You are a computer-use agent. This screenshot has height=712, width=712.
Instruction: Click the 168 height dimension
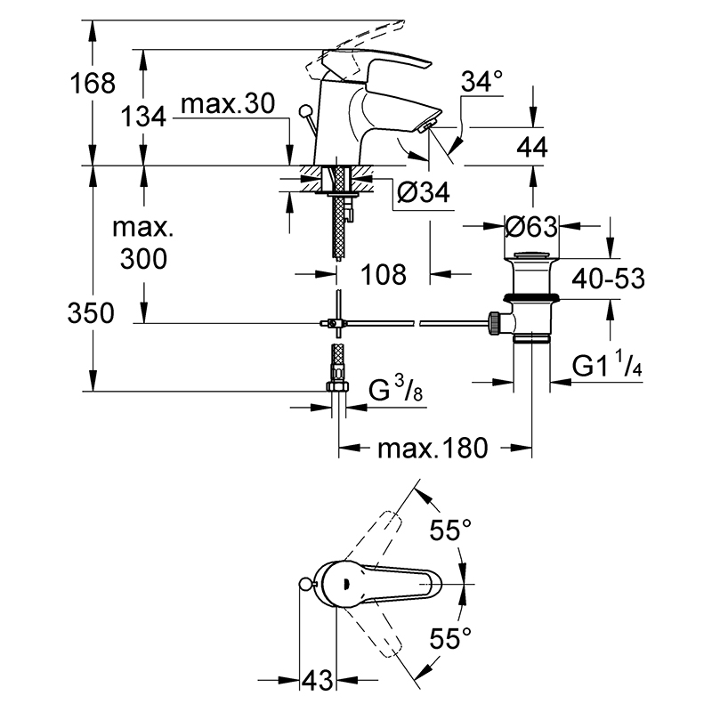pos(93,84)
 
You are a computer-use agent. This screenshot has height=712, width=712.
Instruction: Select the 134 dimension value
pos(143,117)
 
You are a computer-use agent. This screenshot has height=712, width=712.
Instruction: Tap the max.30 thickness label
pos(228,103)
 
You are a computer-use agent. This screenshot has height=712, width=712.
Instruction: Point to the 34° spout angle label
pos(481,82)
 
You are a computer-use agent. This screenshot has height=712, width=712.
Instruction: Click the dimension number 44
pos(532,147)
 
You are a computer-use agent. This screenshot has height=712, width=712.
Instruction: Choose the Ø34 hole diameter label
pos(424,191)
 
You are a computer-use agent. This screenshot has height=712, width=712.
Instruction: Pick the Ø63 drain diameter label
pos(531,226)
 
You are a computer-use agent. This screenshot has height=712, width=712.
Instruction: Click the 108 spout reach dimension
pos(384,274)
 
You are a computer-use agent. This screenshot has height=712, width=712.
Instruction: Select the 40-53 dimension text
pos(608,278)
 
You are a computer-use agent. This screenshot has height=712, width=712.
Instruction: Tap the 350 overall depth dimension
pos(91,313)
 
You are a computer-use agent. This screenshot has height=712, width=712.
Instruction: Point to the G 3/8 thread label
pos(395,389)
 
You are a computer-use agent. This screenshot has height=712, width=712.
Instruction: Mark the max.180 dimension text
pos(433,448)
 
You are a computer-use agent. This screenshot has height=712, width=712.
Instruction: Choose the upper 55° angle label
pos(450,530)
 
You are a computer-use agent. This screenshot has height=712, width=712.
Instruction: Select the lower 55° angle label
pos(450,638)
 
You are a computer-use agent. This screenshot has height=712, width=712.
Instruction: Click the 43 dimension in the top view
pos(318,680)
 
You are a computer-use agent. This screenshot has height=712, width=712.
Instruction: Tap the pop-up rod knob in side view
pos(304,110)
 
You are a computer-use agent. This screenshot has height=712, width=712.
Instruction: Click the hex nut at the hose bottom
pos(338,386)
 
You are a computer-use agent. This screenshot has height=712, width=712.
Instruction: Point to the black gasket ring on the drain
pos(531,298)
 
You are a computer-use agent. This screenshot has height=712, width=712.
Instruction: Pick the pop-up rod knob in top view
pos(306,585)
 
